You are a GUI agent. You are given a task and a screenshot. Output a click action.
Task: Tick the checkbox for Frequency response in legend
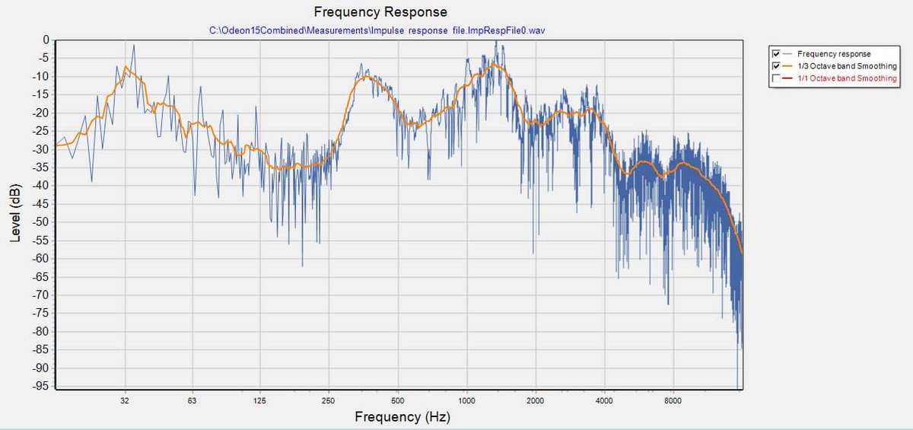[x=775, y=54]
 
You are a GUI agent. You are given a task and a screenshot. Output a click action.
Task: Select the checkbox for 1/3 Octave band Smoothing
[x=775, y=66]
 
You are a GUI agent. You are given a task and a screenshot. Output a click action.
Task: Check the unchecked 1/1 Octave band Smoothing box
[x=775, y=78]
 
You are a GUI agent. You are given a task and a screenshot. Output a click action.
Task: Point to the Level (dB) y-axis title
[x=15, y=212]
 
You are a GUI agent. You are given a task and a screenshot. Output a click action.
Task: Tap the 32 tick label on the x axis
[x=124, y=400]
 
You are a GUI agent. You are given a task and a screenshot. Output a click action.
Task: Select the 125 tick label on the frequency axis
[x=259, y=400]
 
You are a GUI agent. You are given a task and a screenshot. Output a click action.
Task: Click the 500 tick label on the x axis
[x=397, y=400]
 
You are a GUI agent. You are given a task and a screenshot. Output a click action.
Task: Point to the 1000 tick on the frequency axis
[x=466, y=400]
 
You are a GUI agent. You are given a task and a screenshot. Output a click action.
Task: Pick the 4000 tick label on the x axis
[x=604, y=400]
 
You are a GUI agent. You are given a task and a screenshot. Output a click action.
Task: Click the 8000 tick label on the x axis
[x=673, y=400]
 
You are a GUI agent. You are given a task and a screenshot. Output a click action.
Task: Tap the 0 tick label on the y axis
[x=46, y=40]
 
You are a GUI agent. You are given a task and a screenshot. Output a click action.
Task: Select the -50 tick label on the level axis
[x=41, y=222]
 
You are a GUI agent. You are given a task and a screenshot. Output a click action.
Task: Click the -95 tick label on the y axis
[x=41, y=387]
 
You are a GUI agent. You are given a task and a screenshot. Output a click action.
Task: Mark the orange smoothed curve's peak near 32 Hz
[x=126, y=67]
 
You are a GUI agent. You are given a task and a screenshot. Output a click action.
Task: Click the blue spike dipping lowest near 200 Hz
[x=302, y=266]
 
